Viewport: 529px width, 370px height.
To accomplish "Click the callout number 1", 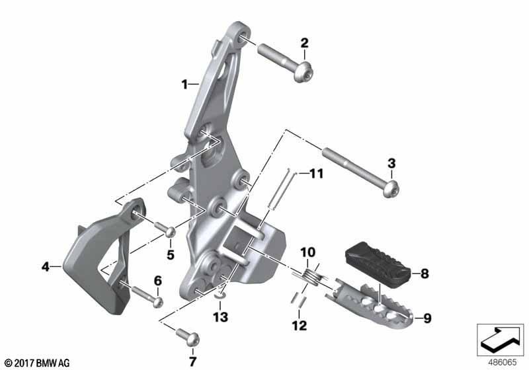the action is [184, 85].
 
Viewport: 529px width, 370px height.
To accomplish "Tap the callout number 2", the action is [304, 43].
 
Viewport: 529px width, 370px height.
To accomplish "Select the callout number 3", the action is [391, 164].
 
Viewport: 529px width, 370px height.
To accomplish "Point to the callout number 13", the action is [220, 317].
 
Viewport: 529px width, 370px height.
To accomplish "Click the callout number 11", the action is [317, 174].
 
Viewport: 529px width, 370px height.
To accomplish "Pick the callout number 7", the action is [192, 362].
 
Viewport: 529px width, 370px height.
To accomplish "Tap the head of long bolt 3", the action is [391, 189].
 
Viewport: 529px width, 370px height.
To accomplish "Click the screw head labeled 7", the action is [191, 338].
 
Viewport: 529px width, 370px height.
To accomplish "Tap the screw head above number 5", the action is [170, 232].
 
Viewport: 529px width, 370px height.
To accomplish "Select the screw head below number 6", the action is [158, 302].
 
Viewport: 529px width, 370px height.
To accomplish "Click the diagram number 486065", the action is [503, 362].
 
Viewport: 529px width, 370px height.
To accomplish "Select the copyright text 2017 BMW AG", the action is [38, 363].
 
